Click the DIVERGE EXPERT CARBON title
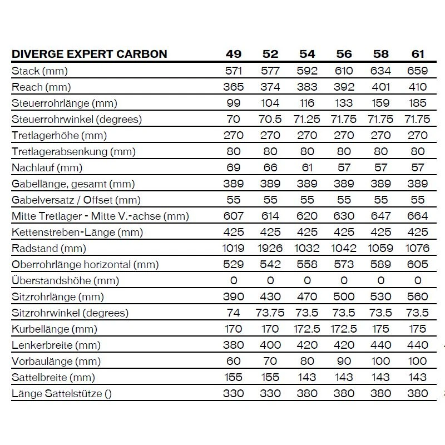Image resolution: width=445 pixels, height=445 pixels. (90, 54)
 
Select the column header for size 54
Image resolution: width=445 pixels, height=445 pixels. (307, 54)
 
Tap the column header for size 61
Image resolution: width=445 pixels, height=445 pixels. (418, 54)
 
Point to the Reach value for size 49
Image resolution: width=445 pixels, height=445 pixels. (234, 87)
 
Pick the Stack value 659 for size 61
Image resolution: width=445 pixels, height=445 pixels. (418, 71)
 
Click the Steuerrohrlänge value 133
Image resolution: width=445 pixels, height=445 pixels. (344, 103)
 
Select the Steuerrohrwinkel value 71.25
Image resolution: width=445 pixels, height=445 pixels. (307, 119)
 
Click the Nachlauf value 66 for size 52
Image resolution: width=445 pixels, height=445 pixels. (270, 167)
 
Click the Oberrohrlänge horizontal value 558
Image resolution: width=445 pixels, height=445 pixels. (307, 264)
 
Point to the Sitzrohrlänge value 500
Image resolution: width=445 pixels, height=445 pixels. (344, 296)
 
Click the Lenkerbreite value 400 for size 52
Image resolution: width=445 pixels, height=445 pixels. (270, 345)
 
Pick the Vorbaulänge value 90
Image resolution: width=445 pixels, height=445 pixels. (344, 361)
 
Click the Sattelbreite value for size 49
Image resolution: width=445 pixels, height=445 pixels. (234, 377)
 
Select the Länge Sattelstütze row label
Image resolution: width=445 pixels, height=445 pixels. (62, 393)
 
